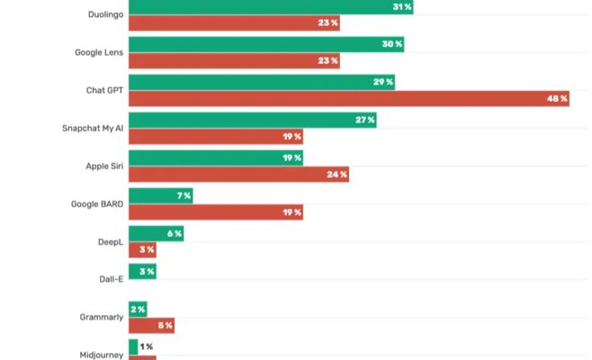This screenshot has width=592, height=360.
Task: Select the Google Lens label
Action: [99, 53]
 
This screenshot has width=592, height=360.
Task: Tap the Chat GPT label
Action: [103, 91]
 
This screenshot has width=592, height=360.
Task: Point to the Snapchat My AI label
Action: [93, 129]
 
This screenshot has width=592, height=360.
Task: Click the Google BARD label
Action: [97, 204]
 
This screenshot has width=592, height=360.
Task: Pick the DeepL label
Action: [111, 242]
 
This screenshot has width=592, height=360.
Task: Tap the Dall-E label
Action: [111, 280]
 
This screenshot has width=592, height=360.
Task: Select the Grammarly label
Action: [102, 317]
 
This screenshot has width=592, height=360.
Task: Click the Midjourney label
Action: [101, 355]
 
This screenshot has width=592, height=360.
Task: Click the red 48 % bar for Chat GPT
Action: [349, 99]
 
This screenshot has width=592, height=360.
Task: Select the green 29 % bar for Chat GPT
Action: [261, 83]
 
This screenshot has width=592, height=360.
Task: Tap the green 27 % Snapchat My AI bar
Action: [252, 121]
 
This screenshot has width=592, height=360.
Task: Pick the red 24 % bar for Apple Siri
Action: [238, 175]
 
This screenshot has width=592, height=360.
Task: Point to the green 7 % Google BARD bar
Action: [160, 196]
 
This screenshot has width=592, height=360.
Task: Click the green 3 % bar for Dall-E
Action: [142, 272]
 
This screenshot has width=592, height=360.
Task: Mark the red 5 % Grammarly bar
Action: [151, 326]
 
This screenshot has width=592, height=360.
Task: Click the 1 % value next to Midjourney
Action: [146, 347]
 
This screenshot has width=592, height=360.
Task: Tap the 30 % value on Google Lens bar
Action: [391, 45]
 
